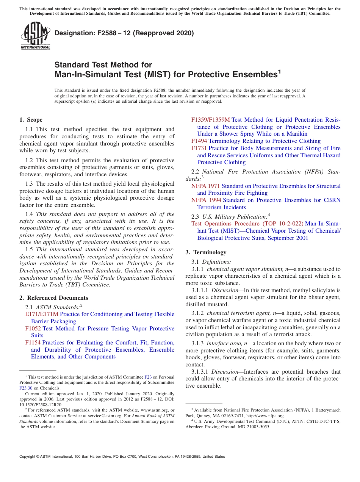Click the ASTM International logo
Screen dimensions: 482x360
click(35, 36)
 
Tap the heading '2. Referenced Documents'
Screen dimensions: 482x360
click(53, 298)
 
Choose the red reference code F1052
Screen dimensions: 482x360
click(33, 329)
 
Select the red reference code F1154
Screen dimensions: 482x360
click(33, 343)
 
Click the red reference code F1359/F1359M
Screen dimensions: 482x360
click(210, 120)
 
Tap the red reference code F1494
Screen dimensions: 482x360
click(199, 141)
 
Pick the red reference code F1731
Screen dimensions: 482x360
click(199, 148)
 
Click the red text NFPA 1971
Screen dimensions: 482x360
click(205, 186)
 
